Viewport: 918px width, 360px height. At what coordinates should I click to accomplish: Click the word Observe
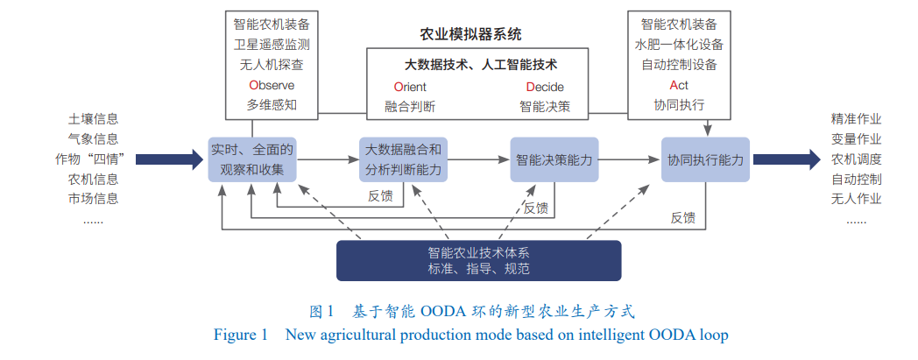[272, 86]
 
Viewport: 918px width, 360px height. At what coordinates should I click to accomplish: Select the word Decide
[545, 87]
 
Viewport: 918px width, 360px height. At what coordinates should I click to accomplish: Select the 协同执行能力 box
[705, 159]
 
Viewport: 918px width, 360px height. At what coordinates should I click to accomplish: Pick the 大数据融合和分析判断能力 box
[403, 159]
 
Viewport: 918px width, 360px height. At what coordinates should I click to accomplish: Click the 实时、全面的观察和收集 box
[252, 159]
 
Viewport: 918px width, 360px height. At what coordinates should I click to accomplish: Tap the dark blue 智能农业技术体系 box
[478, 260]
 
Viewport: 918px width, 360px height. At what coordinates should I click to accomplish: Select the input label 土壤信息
[94, 119]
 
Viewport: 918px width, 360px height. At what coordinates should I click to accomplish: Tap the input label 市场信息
[94, 198]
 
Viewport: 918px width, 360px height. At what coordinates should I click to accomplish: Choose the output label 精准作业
[856, 119]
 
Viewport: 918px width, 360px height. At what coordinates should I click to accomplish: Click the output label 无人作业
[856, 198]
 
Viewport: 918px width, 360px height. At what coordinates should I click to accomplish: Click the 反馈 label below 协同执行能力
[682, 217]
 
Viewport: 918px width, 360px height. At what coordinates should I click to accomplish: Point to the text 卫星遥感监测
[272, 44]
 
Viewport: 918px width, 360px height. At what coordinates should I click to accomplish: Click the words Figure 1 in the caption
[240, 335]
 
